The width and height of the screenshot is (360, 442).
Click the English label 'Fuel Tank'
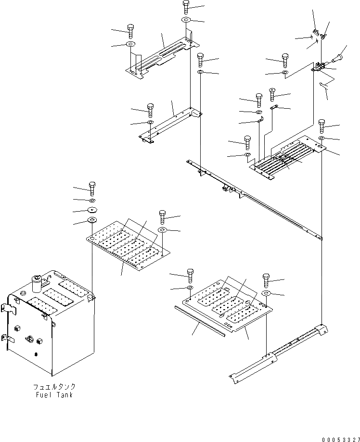54,395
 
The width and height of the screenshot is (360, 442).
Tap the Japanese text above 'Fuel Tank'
54,387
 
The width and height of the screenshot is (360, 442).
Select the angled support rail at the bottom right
279,354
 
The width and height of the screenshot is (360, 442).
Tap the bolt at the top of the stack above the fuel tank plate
91,187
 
